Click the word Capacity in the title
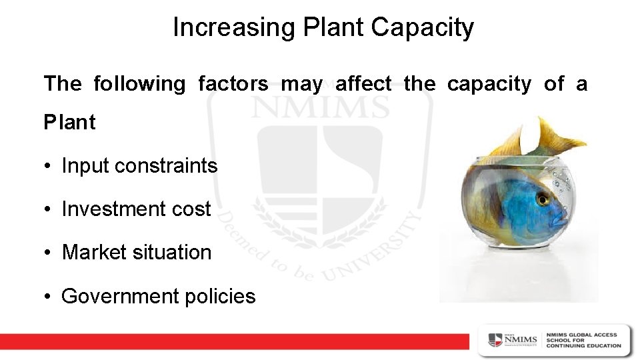tap(423, 27)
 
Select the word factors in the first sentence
tap(233, 84)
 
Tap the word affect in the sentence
tap(363, 84)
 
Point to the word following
tap(139, 84)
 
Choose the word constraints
tap(166, 165)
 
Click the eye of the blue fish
tap(543, 199)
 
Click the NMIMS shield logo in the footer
tap(495, 339)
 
